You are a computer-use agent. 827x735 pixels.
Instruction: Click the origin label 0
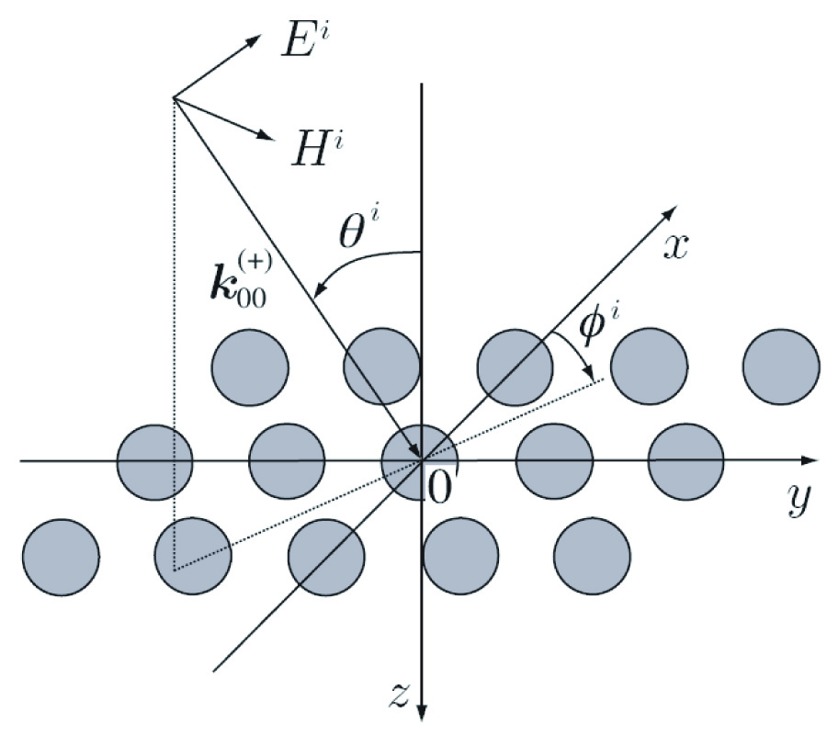(440, 488)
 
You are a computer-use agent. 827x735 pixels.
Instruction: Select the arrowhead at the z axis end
(421, 711)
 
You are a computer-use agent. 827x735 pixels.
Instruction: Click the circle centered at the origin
(419, 459)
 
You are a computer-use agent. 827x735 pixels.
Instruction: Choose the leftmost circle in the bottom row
(60, 557)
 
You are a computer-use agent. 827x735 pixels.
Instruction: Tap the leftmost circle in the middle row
(155, 459)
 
